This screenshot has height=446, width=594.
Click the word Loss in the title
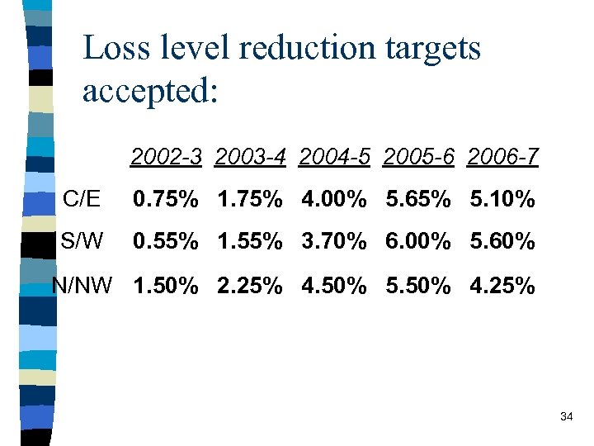pyautogui.click(x=117, y=48)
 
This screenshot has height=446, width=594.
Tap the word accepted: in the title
pyautogui.click(x=150, y=91)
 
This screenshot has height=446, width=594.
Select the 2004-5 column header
pyautogui.click(x=336, y=156)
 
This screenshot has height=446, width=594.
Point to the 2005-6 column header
pyautogui.click(x=419, y=156)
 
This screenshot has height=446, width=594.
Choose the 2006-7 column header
pyautogui.click(x=502, y=156)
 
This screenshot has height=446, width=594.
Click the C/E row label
pyautogui.click(x=82, y=199)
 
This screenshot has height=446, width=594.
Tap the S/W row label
pyautogui.click(x=82, y=242)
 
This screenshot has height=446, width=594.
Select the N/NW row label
pyautogui.click(x=82, y=286)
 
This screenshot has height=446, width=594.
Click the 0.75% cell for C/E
pyautogui.click(x=166, y=200)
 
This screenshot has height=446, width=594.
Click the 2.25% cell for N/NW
pyautogui.click(x=250, y=286)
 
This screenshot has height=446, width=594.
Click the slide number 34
pyautogui.click(x=566, y=417)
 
